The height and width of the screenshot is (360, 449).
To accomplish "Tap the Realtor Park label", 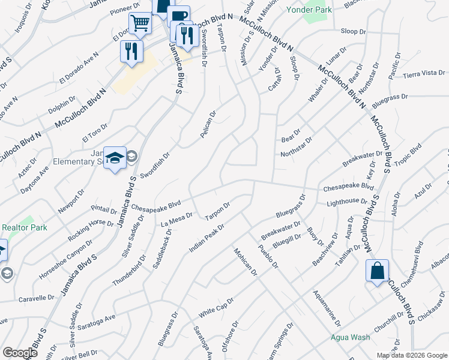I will click(x=25, y=228).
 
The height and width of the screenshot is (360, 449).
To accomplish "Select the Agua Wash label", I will click(x=351, y=337).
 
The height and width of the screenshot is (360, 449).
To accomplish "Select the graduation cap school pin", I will click(x=114, y=158).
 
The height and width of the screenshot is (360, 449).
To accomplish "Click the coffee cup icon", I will click(x=178, y=16).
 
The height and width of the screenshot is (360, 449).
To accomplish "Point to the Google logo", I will click(x=20, y=353).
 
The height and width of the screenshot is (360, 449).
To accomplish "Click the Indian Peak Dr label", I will click(x=207, y=238).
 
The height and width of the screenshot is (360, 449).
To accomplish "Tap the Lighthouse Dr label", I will click(x=346, y=202).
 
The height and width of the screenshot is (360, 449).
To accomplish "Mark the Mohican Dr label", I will click(x=245, y=262).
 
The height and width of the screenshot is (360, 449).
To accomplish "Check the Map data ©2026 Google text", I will click(x=411, y=355).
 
